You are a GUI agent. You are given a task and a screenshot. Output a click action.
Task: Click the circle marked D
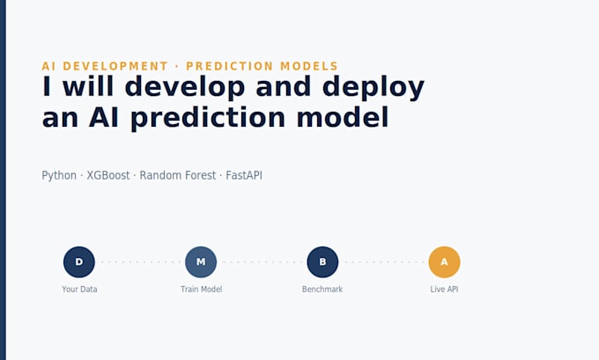pos(79,262)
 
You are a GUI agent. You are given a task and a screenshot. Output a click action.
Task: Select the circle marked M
pos(201,262)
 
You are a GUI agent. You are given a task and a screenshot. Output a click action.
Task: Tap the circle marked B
pos(322,262)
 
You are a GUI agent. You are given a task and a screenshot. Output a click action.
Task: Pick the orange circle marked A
pos(444,262)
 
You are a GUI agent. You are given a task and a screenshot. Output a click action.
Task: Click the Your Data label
pos(79,290)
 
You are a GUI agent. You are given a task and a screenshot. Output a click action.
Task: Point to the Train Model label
pos(202,290)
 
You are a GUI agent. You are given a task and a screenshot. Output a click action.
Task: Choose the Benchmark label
pos(322,290)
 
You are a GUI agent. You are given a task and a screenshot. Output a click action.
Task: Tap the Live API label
pos(444,290)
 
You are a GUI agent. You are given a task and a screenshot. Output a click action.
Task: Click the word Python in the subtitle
pos(59,176)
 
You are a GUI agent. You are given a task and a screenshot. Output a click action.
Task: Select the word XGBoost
pos(108,175)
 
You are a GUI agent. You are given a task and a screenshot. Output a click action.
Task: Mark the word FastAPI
pos(244,175)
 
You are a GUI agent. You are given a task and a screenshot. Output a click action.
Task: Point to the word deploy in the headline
pos(373,87)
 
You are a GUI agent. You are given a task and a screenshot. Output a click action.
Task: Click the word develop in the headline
pos(185,87)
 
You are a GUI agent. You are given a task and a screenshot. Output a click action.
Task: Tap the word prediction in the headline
pos(208,118)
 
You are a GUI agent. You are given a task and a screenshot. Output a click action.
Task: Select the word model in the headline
pos(343,117)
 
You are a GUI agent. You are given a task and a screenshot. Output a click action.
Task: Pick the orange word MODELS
pos(309,66)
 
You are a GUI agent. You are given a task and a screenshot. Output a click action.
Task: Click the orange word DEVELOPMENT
pos(115,66)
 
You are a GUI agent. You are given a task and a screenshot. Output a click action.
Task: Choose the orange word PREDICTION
pos(230,66)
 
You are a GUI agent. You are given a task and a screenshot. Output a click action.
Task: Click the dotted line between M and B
pos(262,262)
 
